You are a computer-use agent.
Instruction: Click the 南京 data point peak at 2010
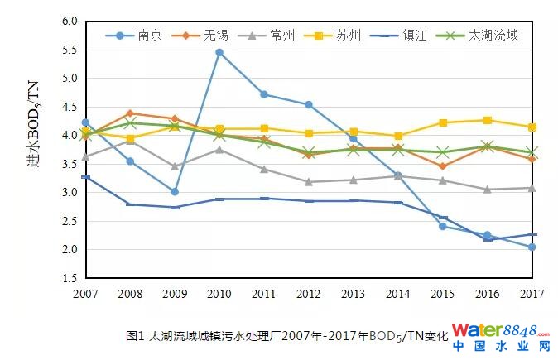pos(219,52)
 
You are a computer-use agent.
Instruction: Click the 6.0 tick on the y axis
pos(70,22)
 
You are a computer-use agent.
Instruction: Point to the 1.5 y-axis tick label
pos(70,278)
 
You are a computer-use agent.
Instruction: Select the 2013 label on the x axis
pos(354,294)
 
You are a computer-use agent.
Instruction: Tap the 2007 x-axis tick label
pos(85,294)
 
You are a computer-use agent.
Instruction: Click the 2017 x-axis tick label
pos(532,294)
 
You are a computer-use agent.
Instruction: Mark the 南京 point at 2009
pos(175,191)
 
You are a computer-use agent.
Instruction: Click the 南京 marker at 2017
pos(532,247)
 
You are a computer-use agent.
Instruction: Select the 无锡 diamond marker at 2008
pos(130,113)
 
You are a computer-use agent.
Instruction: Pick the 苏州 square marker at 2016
pos(488,120)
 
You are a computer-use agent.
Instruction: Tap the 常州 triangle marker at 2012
pos(309,182)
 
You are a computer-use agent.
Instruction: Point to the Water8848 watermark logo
pos(505,337)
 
